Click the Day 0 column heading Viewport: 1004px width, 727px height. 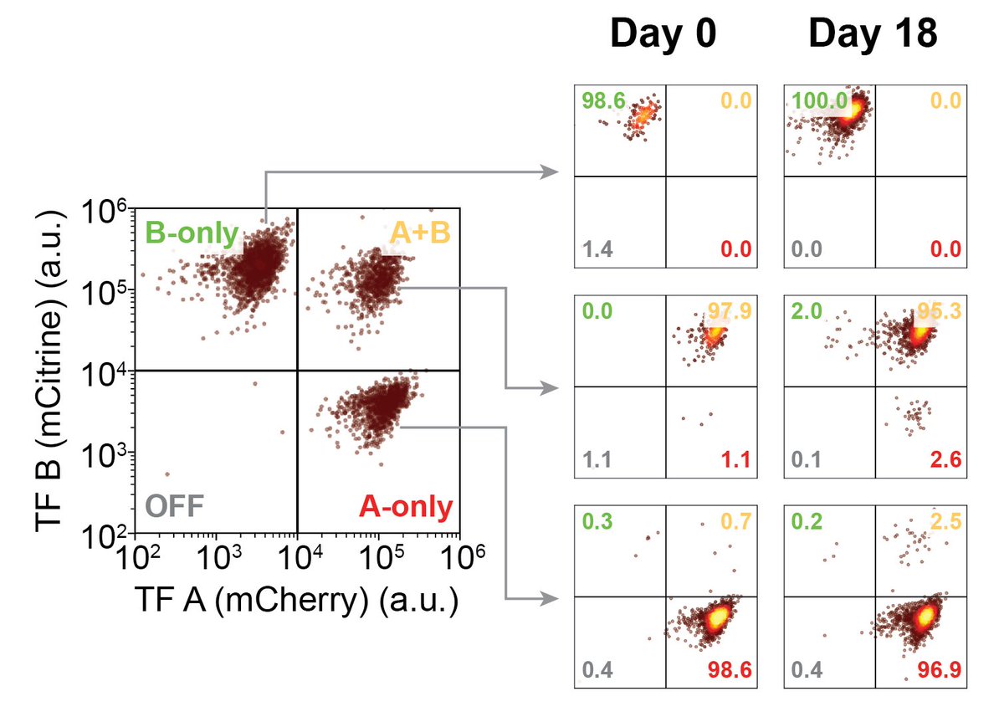coord(662,35)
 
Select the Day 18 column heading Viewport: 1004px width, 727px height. coord(872,35)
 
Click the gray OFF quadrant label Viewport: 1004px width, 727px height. coord(175,507)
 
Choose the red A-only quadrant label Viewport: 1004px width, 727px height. coord(405,507)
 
